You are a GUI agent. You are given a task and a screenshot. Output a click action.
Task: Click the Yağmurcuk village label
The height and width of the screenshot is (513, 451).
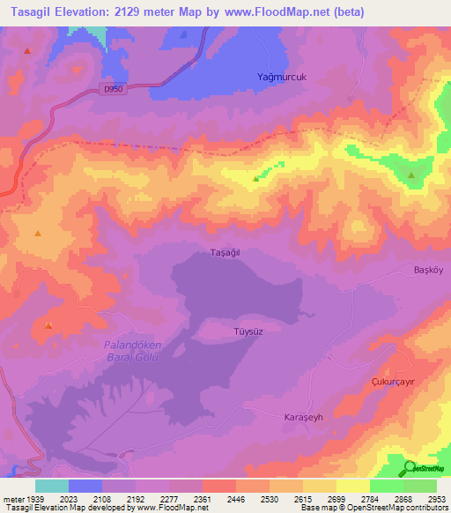[x=280, y=77]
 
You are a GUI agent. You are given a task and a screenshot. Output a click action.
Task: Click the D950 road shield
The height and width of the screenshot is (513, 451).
[x=111, y=89]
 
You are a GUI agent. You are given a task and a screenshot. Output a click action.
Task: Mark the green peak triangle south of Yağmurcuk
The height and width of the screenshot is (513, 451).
[x=256, y=179]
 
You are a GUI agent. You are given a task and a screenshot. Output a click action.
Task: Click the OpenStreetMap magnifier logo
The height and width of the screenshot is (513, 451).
[x=409, y=469]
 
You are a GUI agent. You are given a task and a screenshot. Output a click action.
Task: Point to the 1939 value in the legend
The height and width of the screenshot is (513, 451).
[x=34, y=498]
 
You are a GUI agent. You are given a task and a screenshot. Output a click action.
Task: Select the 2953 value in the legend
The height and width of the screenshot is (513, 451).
[x=436, y=498]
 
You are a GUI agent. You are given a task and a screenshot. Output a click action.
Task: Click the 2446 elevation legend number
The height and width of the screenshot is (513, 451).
[x=235, y=498]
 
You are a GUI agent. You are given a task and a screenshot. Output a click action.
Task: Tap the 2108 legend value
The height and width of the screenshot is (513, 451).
[x=101, y=498]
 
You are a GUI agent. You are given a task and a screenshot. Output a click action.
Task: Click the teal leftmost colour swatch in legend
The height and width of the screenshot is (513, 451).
[x=51, y=486]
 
